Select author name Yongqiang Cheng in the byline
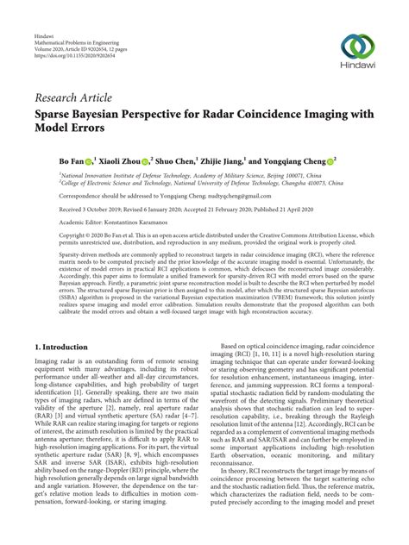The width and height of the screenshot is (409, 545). click(x=299, y=160)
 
